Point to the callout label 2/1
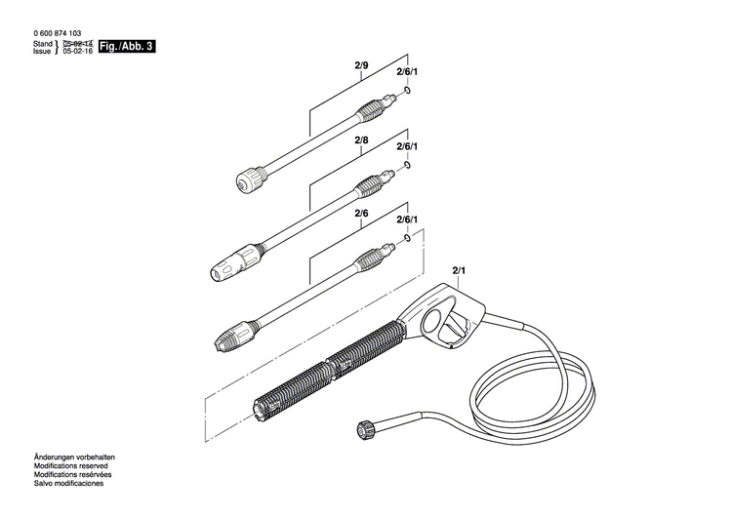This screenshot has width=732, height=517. click(x=460, y=270)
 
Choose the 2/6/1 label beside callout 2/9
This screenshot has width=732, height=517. click(x=406, y=72)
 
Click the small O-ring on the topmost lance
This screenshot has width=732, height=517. click(x=407, y=92)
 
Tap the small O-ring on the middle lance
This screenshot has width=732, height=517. click(x=408, y=165)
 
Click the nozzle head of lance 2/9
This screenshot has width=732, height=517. click(x=252, y=181)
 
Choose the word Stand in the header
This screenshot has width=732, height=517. click(x=42, y=45)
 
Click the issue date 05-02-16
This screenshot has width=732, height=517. click(x=77, y=53)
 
